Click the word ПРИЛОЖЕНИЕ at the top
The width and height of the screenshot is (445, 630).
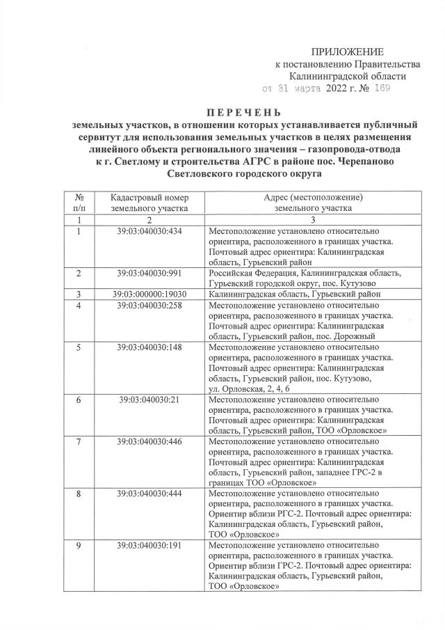point(346,52)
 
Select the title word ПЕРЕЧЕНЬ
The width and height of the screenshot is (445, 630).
point(243,112)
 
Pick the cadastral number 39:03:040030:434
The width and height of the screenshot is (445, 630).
point(149,230)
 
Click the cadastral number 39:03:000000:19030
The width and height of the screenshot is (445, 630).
point(149,294)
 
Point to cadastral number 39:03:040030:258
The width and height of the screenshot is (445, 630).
point(149,305)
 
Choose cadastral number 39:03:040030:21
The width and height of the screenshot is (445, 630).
point(149,400)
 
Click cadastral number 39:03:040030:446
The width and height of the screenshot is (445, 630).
point(149,441)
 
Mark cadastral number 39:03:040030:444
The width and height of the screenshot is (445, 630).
point(149,494)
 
